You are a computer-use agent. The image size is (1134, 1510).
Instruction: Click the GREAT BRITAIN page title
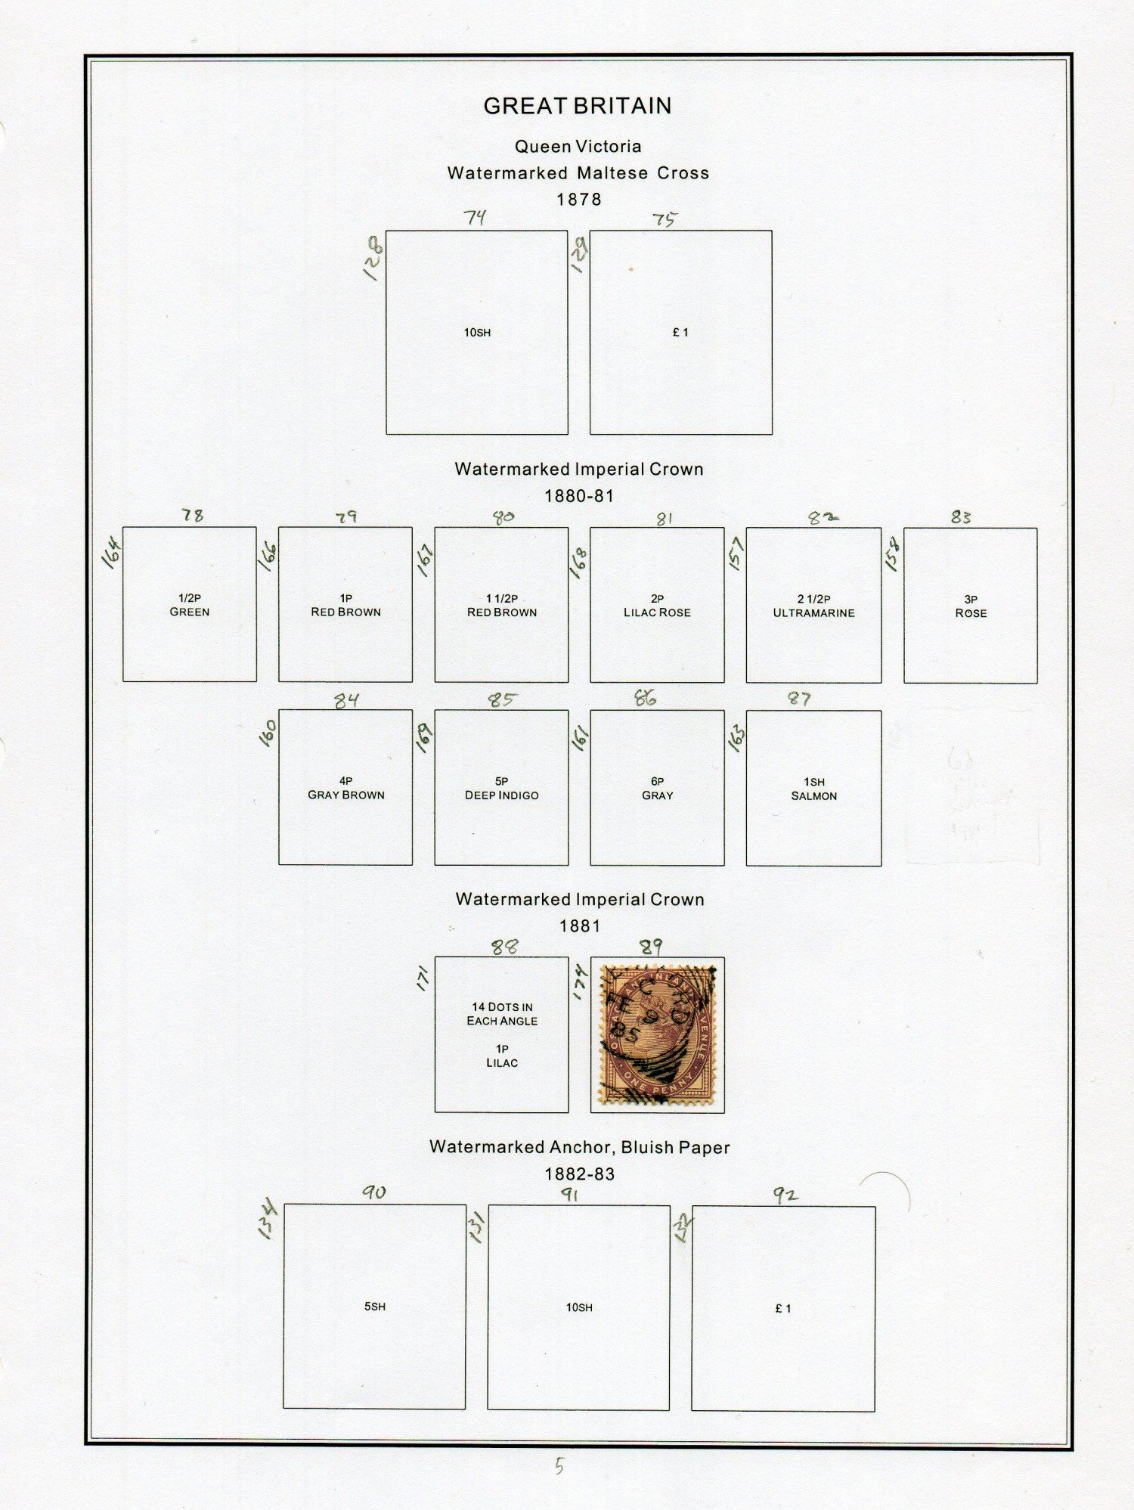pos(578,106)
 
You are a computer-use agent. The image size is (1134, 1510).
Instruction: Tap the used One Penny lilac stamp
pos(657,1034)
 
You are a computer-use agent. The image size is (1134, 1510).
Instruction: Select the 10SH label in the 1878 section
pos(477,333)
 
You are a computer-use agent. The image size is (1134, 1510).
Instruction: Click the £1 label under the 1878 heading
pos(680,332)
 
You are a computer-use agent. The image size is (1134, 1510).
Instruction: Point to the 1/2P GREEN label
pos(190,605)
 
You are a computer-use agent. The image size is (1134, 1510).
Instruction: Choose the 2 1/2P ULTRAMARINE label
pos(813,606)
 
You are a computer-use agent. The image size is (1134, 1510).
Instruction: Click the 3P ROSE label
pos(971,606)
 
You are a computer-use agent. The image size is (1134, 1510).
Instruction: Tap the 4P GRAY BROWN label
pos(345,788)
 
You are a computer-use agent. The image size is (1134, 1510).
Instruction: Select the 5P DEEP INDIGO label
pos(502,789)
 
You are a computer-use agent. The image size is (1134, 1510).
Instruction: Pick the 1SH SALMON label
pos(814,789)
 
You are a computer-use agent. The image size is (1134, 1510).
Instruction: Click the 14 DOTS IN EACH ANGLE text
pos(502,1014)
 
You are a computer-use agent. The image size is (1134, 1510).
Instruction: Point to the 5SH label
pos(375,1307)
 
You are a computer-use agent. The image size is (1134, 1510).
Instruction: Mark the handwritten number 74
pos(475,218)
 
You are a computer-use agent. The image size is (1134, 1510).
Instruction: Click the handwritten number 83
pos(961,517)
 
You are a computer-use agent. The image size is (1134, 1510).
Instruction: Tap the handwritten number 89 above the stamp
pos(651,947)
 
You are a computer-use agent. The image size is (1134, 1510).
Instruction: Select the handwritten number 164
pos(111,553)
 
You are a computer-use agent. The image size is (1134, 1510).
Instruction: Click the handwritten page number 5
pos(559,1466)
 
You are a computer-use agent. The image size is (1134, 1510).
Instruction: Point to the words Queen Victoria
pos(578,147)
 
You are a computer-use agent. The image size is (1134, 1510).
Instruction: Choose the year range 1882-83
pos(580,1174)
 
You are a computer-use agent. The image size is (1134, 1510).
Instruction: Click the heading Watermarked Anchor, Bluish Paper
pos(580,1147)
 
